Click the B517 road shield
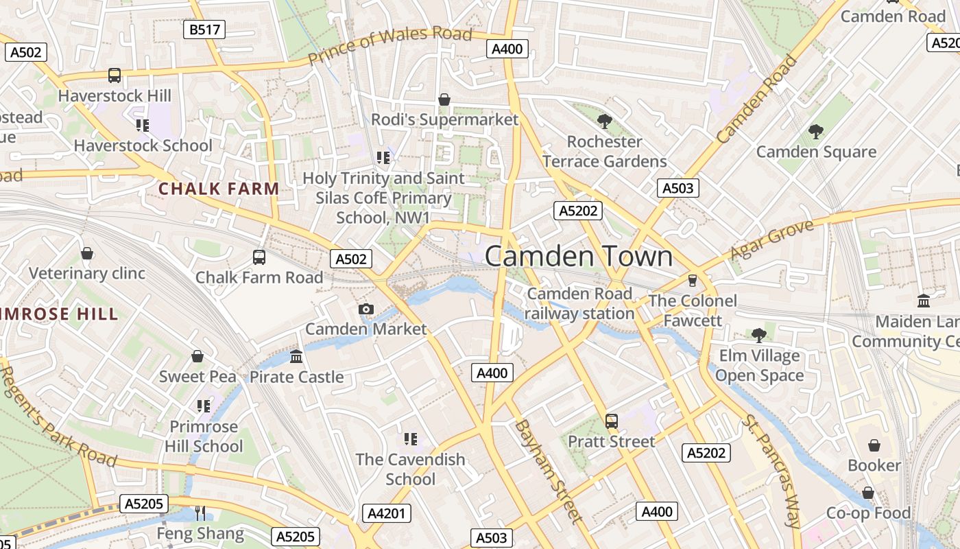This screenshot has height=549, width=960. click(204, 29)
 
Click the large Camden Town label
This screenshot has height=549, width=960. click(579, 256)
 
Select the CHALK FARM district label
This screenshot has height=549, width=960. click(219, 189)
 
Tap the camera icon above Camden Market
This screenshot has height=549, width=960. click(366, 309)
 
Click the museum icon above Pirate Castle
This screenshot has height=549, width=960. click(296, 356)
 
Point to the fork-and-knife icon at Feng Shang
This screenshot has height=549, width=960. click(200, 513)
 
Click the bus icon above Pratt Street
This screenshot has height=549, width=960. click(612, 421)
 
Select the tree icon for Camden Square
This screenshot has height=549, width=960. click(815, 131)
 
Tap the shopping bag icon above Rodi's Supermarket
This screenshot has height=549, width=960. click(444, 100)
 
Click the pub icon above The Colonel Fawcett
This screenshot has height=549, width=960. click(693, 280)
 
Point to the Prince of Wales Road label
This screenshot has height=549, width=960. click(389, 45)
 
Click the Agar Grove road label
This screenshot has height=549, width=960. click(771, 240)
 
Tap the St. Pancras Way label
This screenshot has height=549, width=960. click(772, 470)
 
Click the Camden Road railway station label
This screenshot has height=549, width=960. click(579, 303)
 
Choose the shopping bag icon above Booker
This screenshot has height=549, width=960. click(874, 445)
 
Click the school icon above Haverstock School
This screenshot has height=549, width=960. click(143, 125)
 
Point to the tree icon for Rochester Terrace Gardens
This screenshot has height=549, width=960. click(604, 121)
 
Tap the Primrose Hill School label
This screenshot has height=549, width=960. click(204, 436)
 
